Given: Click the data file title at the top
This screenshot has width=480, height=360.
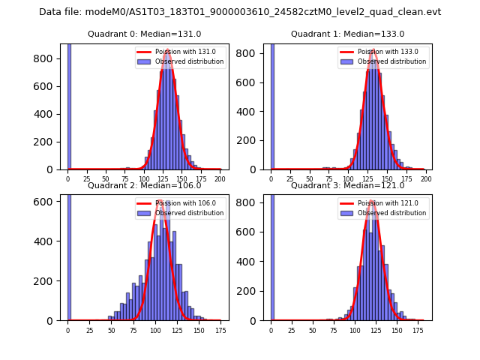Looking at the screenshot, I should (x=240, y=12).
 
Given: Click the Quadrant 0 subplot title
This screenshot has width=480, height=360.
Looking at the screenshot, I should (x=144, y=34).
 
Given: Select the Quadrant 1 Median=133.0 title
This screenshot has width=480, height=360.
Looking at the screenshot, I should (x=347, y=34).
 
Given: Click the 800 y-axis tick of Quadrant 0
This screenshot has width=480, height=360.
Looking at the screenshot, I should (x=47, y=58).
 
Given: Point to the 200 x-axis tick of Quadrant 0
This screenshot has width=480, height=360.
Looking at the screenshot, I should (x=220, y=179).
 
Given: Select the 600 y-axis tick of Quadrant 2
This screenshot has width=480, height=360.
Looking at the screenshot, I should (x=47, y=201).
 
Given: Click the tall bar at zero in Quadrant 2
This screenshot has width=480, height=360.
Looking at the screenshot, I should (x=69, y=255).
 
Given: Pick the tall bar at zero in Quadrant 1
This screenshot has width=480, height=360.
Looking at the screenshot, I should (x=272, y=105).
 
